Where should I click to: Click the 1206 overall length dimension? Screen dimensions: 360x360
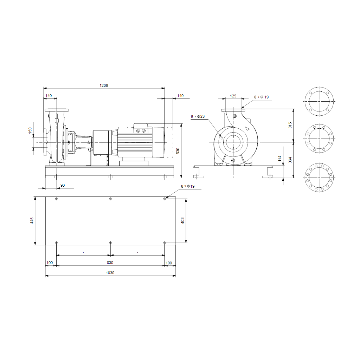(x=104, y=85)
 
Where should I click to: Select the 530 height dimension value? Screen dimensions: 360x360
(x=178, y=151)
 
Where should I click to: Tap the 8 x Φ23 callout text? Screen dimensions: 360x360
(x=198, y=116)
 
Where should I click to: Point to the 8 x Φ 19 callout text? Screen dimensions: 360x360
(x=261, y=97)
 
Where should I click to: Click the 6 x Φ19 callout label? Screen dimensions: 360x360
(x=188, y=186)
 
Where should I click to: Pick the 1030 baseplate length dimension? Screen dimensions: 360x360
(x=110, y=273)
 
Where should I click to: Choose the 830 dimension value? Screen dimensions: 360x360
(x=110, y=263)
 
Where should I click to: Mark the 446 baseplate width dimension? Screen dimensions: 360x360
(x=32, y=220)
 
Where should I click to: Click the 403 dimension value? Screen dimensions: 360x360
(x=182, y=220)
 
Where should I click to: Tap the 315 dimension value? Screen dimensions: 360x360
(x=290, y=126)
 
